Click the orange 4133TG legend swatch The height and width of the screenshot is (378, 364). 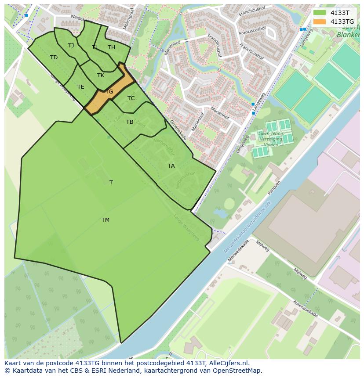[x=320, y=22]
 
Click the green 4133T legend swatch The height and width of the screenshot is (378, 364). [x=320, y=13]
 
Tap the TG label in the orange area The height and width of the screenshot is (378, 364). [x=109, y=92]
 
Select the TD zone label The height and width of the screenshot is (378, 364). [x=54, y=58]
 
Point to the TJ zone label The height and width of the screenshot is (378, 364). [x=71, y=46]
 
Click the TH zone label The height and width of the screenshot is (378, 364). [x=111, y=47]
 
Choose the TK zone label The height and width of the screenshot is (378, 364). [x=101, y=76]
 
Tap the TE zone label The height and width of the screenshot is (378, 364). [x=80, y=87]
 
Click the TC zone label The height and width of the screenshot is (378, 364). [x=131, y=98]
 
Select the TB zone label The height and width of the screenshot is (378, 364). [x=130, y=122]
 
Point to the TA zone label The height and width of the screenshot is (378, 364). [x=171, y=166]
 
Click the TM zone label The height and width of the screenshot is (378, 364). [x=106, y=220]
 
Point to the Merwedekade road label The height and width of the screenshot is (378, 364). [x=238, y=251]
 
